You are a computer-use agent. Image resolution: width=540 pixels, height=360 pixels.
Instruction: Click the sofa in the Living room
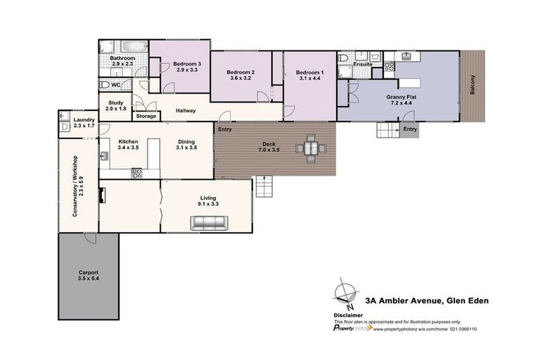(210, 223)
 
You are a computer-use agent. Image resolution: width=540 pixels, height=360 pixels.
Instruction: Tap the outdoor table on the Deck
(311, 148)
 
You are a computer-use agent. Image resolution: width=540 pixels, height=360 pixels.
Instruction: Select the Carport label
(89, 275)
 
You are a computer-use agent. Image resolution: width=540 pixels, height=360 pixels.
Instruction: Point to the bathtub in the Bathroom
(134, 47)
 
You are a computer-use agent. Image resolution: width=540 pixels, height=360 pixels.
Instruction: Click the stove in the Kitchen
(136, 173)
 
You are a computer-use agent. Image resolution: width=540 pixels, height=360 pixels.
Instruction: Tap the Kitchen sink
(104, 156)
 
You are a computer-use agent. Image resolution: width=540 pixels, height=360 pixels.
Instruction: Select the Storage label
(146, 116)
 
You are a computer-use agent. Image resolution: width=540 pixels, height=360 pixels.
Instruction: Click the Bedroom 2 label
(240, 75)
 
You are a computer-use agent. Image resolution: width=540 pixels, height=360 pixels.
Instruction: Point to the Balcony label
(472, 85)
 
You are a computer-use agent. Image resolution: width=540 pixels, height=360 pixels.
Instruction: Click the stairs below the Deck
(264, 186)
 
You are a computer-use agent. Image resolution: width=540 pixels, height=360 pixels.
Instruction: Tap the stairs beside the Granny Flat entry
(388, 130)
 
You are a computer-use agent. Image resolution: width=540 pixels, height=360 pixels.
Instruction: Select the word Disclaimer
(348, 315)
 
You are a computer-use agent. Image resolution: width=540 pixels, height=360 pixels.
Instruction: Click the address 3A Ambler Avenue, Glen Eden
(427, 301)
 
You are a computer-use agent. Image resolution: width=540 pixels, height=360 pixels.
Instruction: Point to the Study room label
(116, 105)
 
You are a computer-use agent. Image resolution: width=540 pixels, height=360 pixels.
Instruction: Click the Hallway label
(186, 110)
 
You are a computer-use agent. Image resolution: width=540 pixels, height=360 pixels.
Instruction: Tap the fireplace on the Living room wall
(102, 195)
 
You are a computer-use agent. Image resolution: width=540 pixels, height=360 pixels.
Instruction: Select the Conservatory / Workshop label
(78, 186)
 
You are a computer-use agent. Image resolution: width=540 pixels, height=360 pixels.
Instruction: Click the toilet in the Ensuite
(343, 58)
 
